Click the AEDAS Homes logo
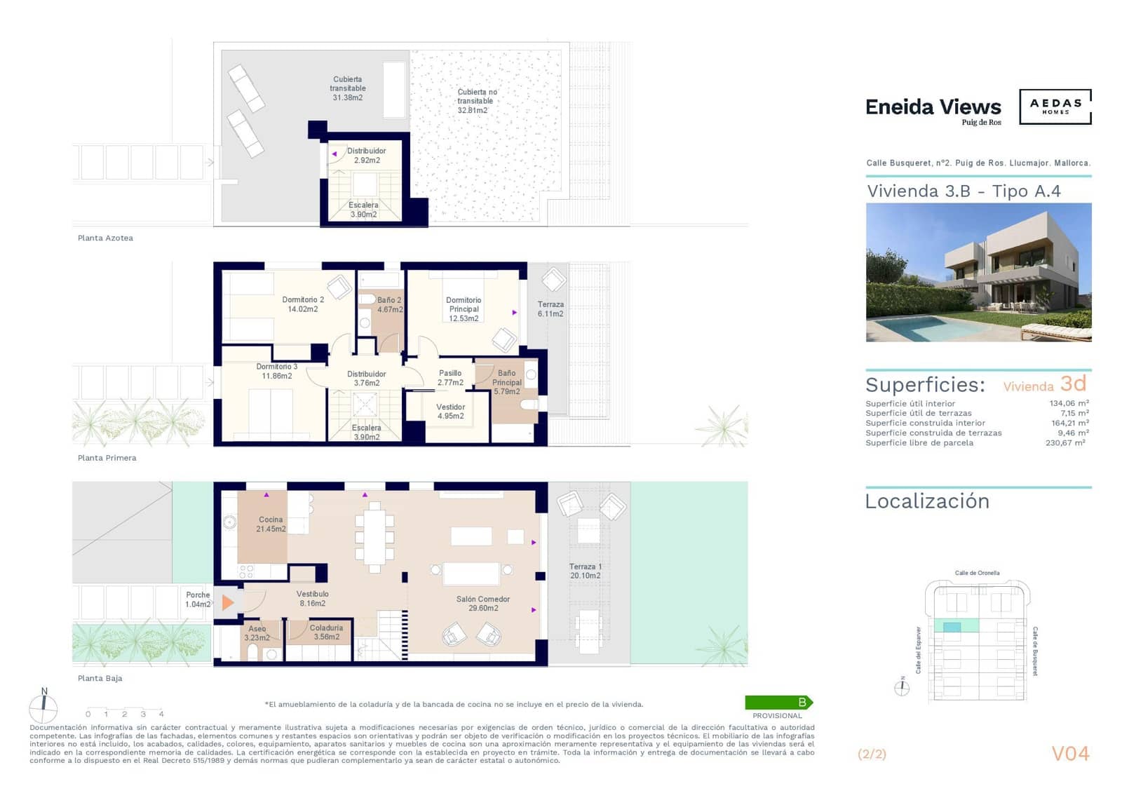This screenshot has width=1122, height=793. [1055, 107]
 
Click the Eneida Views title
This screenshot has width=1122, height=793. [933, 107]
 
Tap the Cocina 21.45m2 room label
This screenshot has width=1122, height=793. [271, 524]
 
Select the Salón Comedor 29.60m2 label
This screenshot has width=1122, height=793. [482, 604]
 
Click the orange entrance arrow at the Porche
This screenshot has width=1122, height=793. [227, 602]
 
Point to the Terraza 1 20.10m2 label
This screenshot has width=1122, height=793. [585, 571]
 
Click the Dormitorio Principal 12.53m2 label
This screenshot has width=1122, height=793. [464, 309]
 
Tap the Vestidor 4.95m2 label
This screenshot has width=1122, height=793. [450, 412]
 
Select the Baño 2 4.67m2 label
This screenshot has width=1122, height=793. [389, 304]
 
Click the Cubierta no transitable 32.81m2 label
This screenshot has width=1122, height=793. [476, 101]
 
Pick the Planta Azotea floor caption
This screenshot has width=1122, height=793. [105, 238]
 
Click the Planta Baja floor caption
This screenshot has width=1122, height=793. [100, 678]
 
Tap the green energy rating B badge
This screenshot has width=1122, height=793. [778, 702]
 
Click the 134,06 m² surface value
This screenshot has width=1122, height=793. [1069, 403]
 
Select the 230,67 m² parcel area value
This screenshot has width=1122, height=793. [1064, 443]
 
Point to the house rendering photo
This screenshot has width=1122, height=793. [978, 272]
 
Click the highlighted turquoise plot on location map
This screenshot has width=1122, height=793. [952, 627]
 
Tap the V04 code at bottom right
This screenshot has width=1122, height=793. [1070, 754]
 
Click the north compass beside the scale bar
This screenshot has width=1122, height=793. [43, 707]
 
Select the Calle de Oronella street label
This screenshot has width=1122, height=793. [977, 573]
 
